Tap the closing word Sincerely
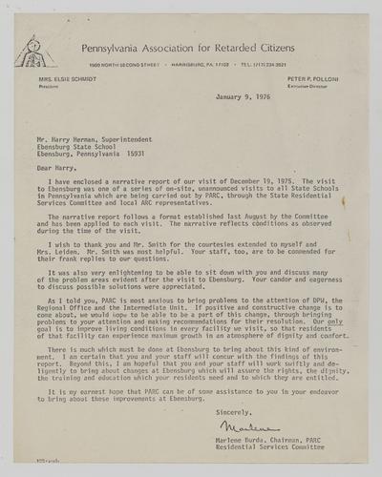237,384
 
